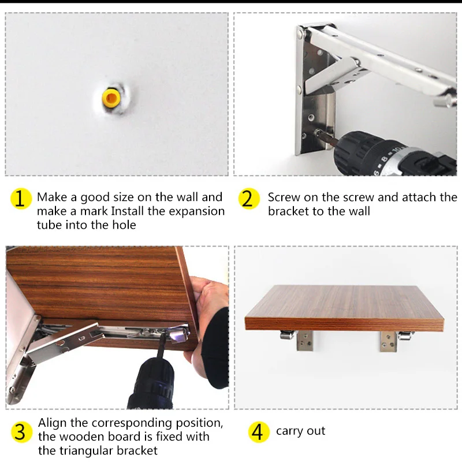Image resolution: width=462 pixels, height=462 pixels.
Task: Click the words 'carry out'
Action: tap(300, 431)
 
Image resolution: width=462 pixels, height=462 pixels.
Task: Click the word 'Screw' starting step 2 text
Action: tap(284, 198)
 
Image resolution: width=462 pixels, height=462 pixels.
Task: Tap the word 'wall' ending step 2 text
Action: tap(359, 211)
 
